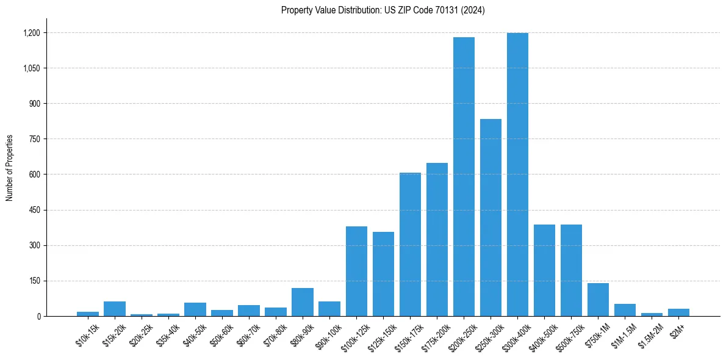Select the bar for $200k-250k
click(x=464, y=177)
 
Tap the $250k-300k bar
click(x=491, y=218)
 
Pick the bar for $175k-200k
click(x=437, y=240)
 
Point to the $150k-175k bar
click(x=410, y=245)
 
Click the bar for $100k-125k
click(x=356, y=272)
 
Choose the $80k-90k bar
click(x=303, y=302)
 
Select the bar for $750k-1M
click(x=598, y=300)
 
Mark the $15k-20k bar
click(x=115, y=309)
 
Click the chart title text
click(x=383, y=10)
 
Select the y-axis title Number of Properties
click(x=10, y=168)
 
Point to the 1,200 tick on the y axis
click(x=32, y=33)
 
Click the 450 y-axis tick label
click(x=34, y=211)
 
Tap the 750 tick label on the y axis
click(x=34, y=139)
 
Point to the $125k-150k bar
click(x=383, y=274)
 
